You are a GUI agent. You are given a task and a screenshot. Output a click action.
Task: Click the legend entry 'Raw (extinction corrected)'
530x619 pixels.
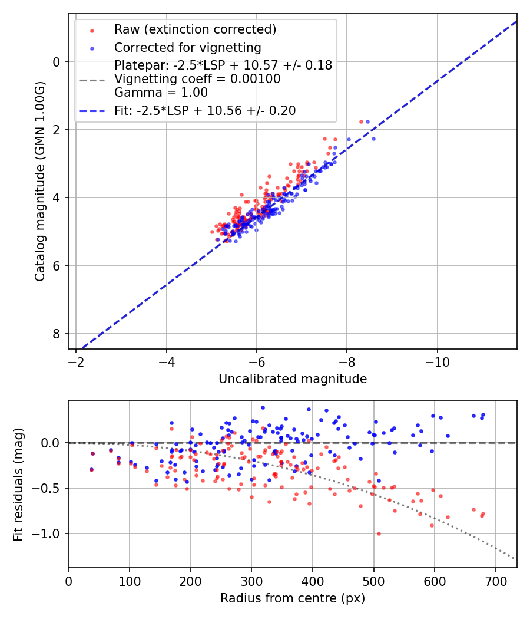[x=195, y=29]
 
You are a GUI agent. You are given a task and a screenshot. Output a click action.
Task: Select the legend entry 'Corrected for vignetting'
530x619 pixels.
[x=187, y=47]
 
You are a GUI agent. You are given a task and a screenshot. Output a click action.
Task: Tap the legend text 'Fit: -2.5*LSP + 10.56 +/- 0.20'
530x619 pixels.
[x=205, y=110]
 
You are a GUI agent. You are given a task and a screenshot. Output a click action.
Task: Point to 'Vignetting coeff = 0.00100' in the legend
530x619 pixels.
[x=197, y=79]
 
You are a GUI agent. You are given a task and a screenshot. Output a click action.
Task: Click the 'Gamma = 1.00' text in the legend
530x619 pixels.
[x=161, y=93]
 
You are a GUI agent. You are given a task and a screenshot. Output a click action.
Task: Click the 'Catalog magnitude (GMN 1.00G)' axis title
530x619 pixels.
[x=39, y=181]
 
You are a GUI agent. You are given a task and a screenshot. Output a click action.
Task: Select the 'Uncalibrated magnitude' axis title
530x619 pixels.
[x=293, y=379]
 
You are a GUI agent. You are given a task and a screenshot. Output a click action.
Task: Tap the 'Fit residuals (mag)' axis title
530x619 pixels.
[x=18, y=484]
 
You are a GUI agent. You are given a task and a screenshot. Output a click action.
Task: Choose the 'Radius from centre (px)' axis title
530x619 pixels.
[x=293, y=598]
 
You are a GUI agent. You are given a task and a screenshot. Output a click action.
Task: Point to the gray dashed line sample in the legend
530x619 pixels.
[x=92, y=79]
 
